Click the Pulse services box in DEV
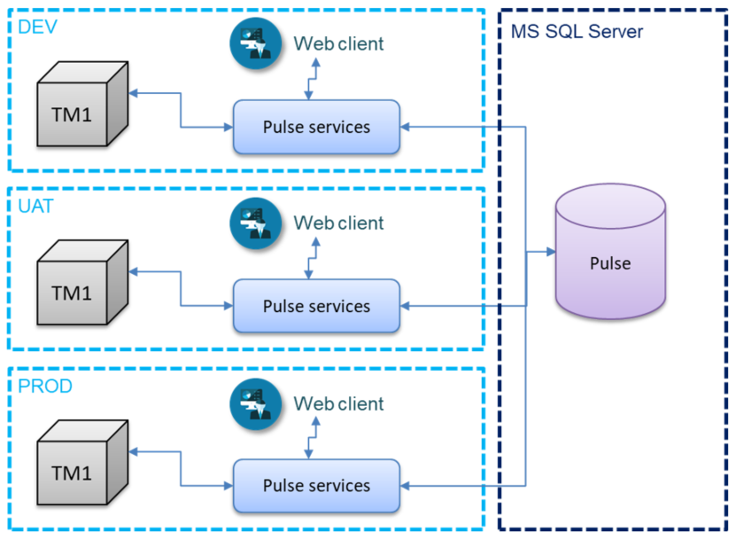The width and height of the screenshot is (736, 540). [x=316, y=127]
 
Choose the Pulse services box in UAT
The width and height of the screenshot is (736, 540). [x=316, y=306]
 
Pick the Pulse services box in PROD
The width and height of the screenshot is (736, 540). [x=316, y=485]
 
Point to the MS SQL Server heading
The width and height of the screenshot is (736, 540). [x=577, y=32]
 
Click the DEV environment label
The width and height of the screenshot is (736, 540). [x=38, y=27]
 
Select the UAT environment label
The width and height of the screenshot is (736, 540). [x=36, y=206]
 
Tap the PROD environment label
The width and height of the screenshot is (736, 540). [x=45, y=387]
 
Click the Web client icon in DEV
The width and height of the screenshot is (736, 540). [x=256, y=43]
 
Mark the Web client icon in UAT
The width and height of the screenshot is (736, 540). [x=256, y=223]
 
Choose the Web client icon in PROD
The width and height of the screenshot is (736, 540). [x=256, y=403]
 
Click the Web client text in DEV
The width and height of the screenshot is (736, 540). [x=339, y=43]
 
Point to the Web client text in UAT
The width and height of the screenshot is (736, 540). [x=339, y=223]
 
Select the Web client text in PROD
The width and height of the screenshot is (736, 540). [x=339, y=403]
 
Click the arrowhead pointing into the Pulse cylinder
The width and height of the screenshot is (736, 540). [x=549, y=252]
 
